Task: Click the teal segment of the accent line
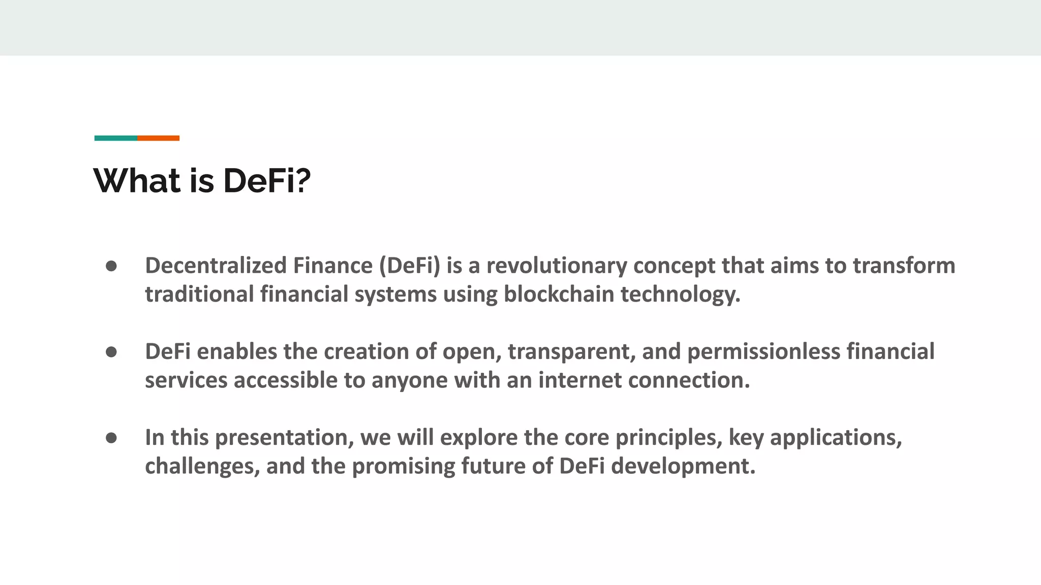(115, 138)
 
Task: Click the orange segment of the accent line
(158, 138)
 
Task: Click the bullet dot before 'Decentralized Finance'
(111, 267)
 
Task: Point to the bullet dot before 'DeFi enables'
(111, 352)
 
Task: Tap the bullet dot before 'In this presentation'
(111, 438)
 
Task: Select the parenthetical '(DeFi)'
(410, 266)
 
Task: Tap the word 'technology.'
(681, 294)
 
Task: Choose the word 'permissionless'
(763, 351)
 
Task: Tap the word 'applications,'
(836, 437)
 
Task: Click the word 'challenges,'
(202, 466)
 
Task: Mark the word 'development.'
(683, 466)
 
